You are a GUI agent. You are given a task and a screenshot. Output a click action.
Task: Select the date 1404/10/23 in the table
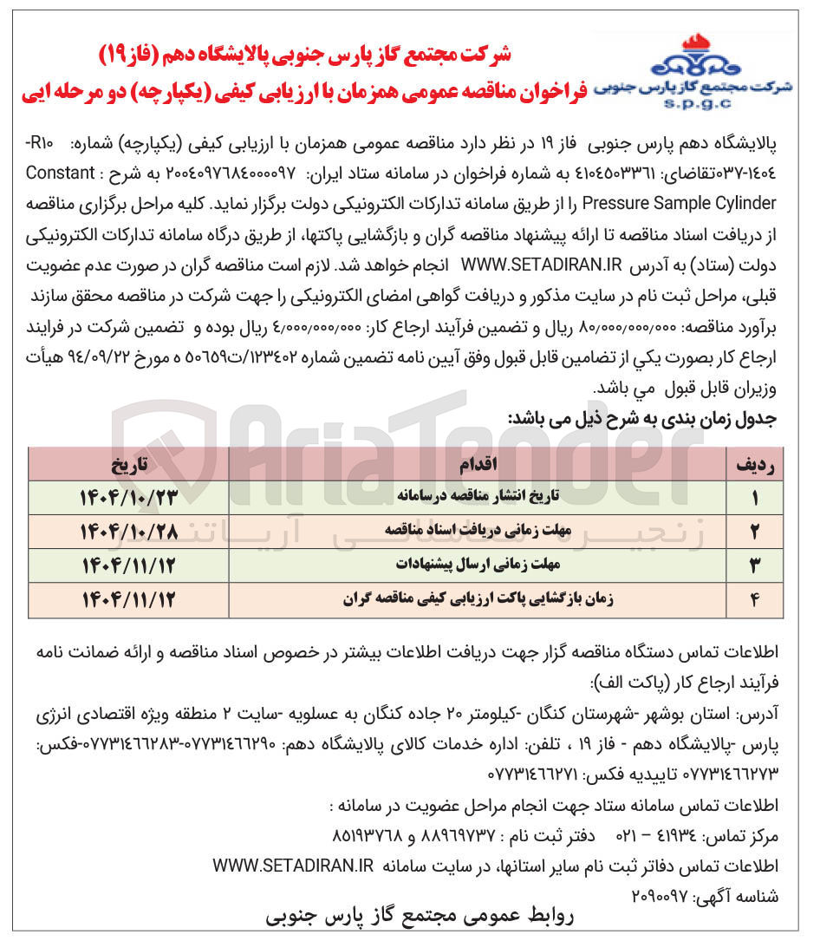[x=128, y=497]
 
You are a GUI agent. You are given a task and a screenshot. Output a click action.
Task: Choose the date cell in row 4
[x=128, y=599]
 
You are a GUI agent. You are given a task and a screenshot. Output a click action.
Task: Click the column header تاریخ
[x=130, y=465]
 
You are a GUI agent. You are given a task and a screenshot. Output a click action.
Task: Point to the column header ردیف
[x=754, y=465]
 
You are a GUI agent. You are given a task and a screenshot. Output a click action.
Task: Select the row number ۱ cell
[x=754, y=498]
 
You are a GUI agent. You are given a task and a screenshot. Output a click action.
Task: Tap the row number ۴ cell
[x=754, y=599]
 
